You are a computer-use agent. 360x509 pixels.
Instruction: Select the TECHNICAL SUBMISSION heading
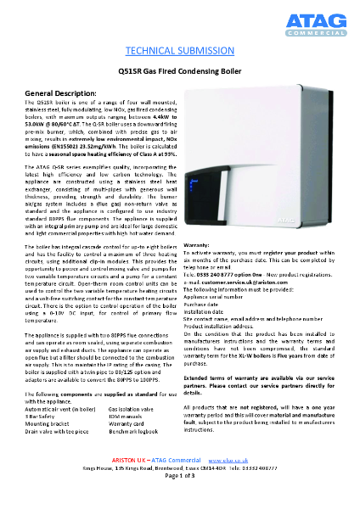[x=179, y=51]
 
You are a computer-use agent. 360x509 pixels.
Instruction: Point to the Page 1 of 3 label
[x=179, y=499]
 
